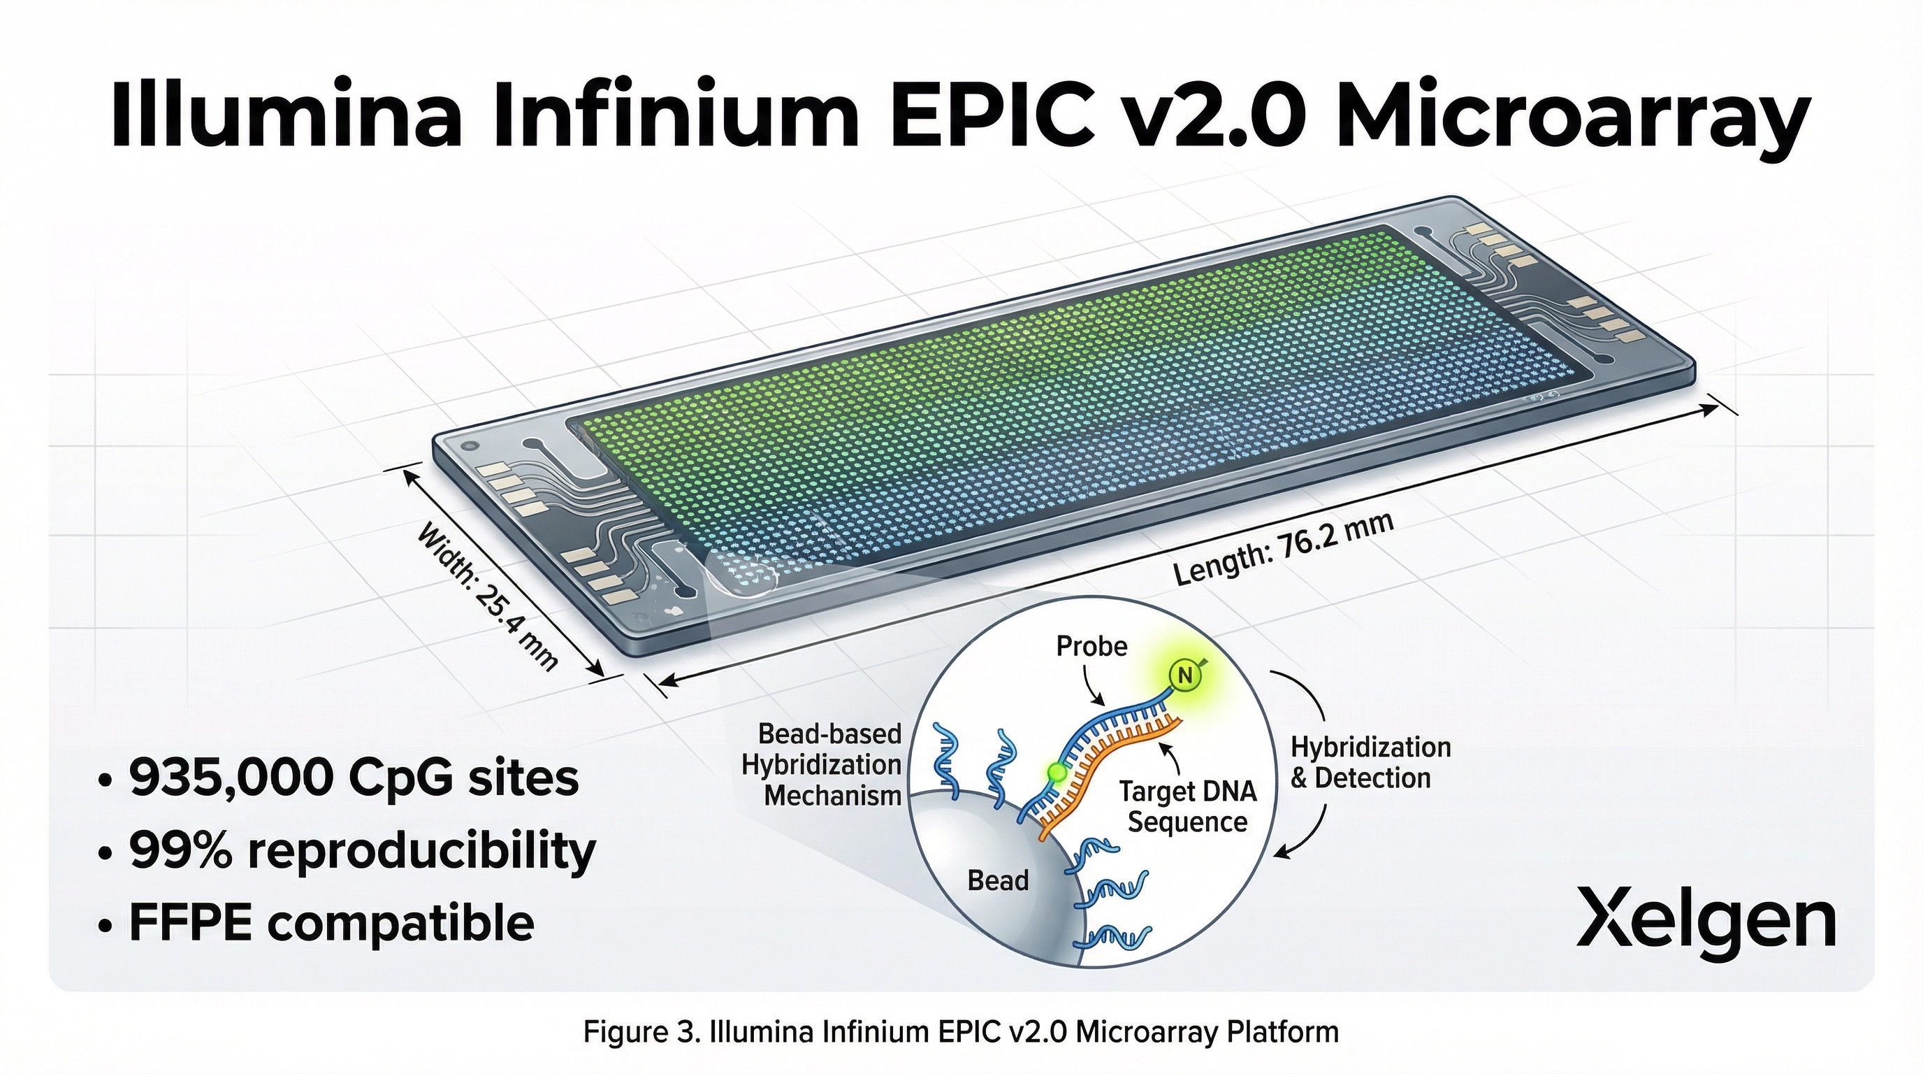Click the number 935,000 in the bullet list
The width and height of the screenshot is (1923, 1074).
(x=231, y=777)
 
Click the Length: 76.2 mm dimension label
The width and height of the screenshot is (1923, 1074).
(x=1282, y=549)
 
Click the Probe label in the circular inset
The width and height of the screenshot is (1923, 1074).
(x=1091, y=646)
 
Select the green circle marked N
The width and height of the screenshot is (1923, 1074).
(x=1184, y=676)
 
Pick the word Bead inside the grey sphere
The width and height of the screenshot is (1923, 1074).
(x=997, y=880)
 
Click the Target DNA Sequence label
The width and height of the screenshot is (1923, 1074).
(x=1188, y=807)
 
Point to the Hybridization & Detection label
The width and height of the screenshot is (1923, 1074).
(x=1370, y=762)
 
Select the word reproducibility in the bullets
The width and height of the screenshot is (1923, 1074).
(x=421, y=851)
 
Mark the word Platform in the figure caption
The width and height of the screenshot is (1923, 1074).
(x=1282, y=1032)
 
